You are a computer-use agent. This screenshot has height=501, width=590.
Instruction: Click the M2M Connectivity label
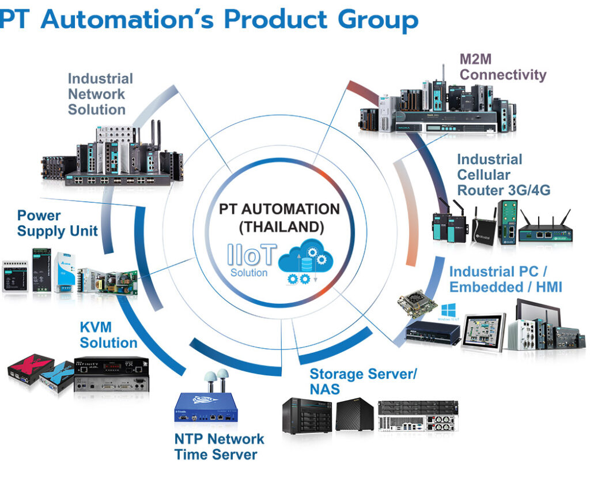click(x=502, y=67)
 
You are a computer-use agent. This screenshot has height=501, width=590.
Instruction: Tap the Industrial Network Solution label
click(x=100, y=94)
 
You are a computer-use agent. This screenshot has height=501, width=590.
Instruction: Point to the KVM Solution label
click(x=108, y=335)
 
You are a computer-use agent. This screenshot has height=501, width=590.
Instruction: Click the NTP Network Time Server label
click(x=218, y=446)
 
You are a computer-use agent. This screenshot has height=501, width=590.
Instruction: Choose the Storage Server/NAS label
click(x=362, y=381)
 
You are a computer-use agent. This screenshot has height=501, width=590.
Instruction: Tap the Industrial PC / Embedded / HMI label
click(x=505, y=279)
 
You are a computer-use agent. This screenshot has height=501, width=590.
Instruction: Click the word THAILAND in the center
click(x=281, y=227)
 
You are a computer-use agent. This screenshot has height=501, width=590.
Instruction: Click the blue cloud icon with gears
click(x=304, y=261)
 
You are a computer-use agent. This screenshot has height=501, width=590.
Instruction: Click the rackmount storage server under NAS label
click(x=418, y=415)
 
